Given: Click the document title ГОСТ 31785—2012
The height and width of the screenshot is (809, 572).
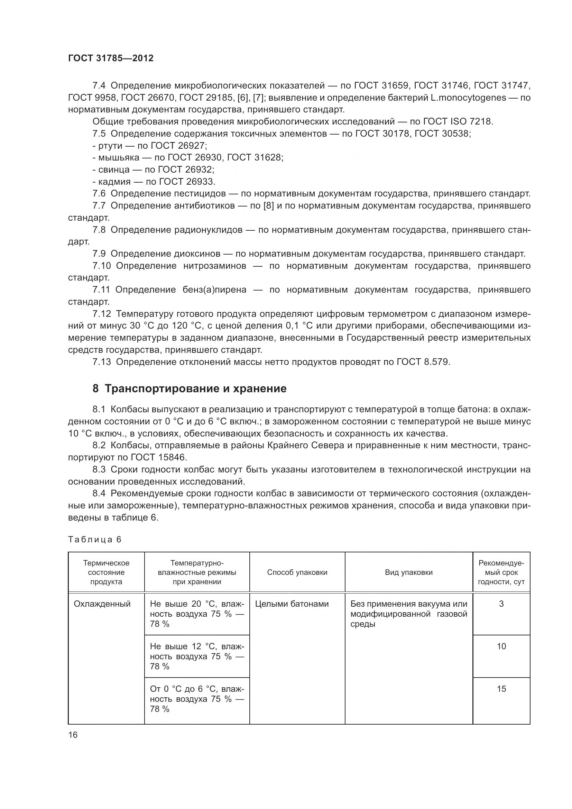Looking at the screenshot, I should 111,58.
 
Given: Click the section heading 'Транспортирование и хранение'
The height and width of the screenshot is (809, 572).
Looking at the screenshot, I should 195,389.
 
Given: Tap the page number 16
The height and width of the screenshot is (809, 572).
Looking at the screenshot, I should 73,735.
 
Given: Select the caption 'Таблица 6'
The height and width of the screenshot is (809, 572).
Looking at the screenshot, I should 94,540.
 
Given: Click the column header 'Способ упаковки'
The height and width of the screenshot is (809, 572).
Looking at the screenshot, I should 297,572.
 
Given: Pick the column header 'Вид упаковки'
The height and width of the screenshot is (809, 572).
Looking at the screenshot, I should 408,572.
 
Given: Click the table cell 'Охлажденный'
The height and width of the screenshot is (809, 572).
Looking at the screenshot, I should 102,604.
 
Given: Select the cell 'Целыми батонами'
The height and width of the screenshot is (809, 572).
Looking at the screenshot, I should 292,604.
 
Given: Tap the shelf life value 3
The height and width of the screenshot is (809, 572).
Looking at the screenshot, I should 501,604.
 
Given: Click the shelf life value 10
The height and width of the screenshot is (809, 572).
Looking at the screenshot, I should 501,646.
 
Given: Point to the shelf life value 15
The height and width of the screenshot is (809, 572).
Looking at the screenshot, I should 501,689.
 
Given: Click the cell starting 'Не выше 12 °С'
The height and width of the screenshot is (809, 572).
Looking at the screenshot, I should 196,656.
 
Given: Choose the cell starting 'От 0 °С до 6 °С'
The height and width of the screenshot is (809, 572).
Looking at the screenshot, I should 196,699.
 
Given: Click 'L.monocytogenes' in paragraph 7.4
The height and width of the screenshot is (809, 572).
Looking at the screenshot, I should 469,98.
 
